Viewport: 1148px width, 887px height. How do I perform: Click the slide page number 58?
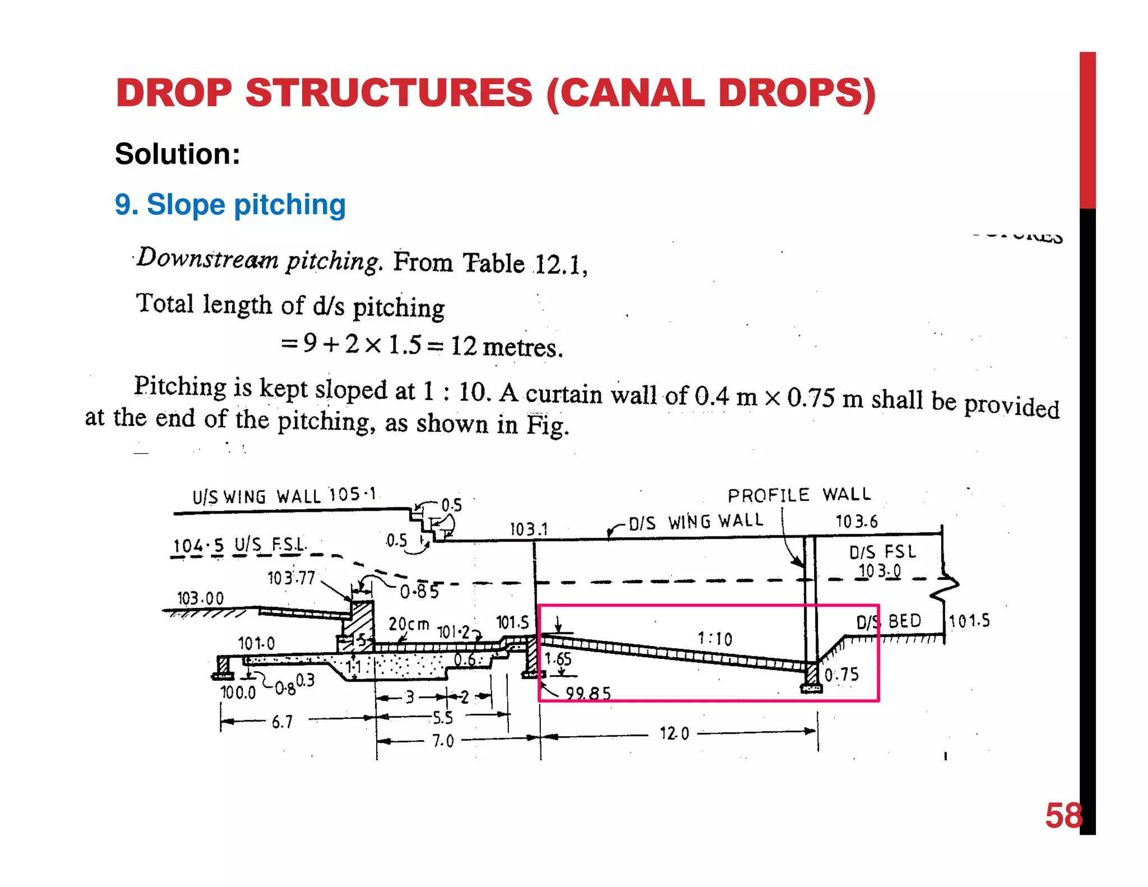1063,816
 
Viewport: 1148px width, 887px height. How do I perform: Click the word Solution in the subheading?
177,154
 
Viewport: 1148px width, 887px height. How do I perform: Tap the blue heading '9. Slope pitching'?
230,204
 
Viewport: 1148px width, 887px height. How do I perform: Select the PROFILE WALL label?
799,495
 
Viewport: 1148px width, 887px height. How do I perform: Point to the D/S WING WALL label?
696,522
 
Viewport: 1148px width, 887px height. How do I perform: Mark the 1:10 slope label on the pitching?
715,639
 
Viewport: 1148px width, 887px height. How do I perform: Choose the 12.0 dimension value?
674,733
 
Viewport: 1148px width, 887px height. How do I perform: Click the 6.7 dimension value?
282,722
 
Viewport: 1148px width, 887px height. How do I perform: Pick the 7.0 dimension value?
443,741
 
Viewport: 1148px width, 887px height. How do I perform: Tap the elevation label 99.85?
587,694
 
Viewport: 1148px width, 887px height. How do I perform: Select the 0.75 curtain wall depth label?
841,675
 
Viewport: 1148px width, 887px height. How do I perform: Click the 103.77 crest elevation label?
291,578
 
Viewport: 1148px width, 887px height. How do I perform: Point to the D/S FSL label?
882,552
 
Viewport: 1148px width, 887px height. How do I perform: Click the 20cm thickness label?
409,623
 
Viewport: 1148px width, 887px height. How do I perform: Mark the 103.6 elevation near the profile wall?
857,522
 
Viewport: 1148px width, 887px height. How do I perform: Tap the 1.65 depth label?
558,659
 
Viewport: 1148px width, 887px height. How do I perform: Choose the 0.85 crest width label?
419,592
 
